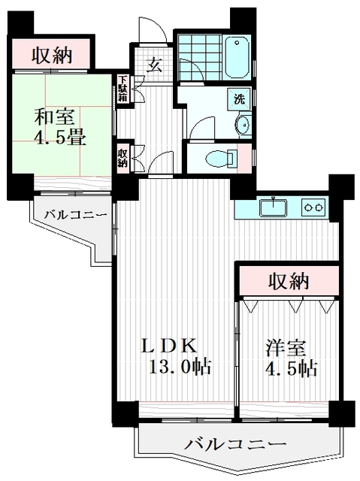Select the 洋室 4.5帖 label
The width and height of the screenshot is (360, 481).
point(289,358)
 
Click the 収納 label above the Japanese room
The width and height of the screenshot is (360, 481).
point(50,54)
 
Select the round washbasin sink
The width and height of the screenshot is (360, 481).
point(243,125)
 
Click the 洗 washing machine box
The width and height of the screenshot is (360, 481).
point(238,98)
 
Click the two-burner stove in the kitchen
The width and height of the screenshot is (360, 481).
point(314,206)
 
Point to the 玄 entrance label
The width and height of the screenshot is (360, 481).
point(154,65)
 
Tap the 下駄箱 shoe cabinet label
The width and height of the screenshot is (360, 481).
point(123,89)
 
